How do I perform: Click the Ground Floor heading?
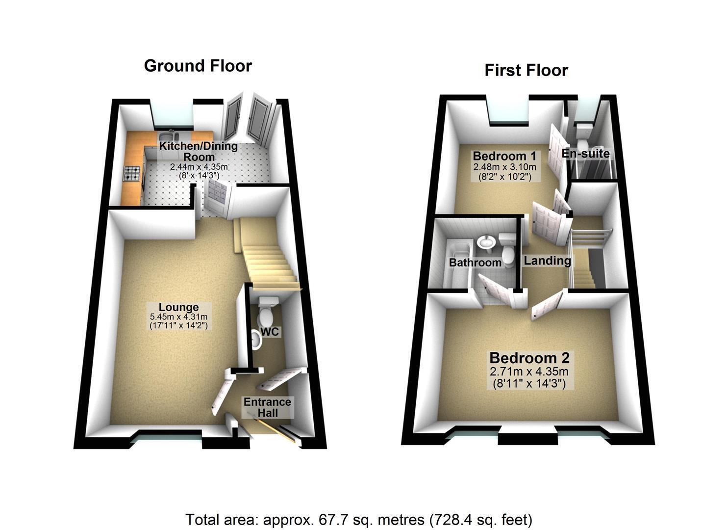tap(198, 66)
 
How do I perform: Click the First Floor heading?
tap(526, 70)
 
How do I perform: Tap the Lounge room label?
tap(178, 307)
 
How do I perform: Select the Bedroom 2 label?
tap(529, 358)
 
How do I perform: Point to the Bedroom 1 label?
tap(504, 156)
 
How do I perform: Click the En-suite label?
tap(586, 154)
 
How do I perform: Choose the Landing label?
tap(547, 261)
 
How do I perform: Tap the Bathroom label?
tap(475, 263)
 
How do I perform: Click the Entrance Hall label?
tap(268, 407)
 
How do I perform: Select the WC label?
tap(270, 332)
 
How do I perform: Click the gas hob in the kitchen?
tap(132, 173)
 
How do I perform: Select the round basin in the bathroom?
tap(485, 242)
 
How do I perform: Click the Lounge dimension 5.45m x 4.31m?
tap(178, 317)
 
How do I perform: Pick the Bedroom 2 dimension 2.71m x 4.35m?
tap(529, 371)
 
